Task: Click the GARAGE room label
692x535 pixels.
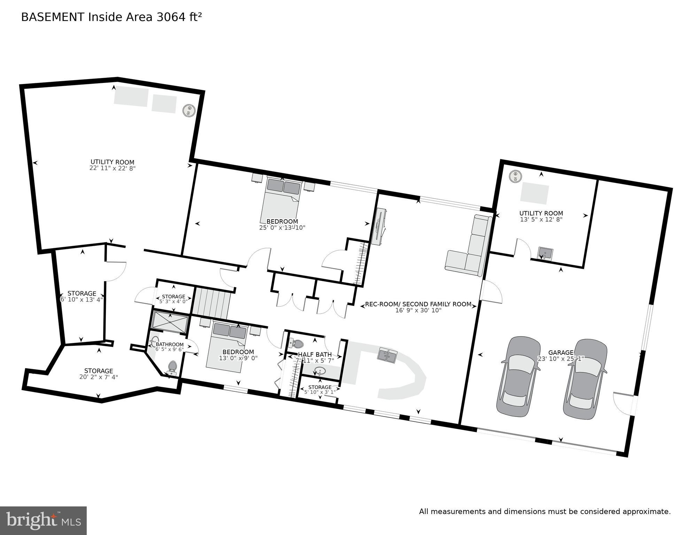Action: tap(560, 352)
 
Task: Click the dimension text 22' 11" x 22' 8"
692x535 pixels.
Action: tap(112, 168)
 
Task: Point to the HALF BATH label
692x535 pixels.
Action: tap(315, 354)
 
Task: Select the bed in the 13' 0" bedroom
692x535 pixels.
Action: tap(228, 345)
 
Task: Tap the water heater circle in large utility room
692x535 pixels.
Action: tap(189, 111)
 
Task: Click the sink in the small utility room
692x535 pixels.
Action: tap(545, 253)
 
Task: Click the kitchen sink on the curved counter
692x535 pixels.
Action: tap(387, 356)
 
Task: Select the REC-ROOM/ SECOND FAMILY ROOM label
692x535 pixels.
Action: tap(418, 304)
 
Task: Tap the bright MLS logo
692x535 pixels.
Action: tap(43, 520)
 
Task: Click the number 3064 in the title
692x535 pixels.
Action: tap(170, 17)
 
